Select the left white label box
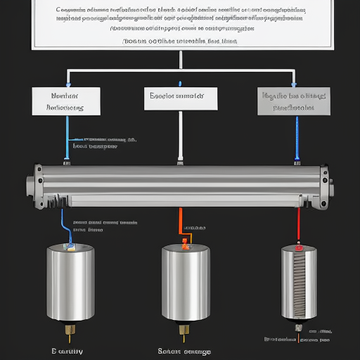click(65, 101)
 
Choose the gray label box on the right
click(294, 101)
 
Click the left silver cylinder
click(70, 281)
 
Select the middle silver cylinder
click(185, 281)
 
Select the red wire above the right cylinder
click(299, 225)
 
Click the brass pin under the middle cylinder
click(185, 329)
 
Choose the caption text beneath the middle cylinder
click(184, 350)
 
